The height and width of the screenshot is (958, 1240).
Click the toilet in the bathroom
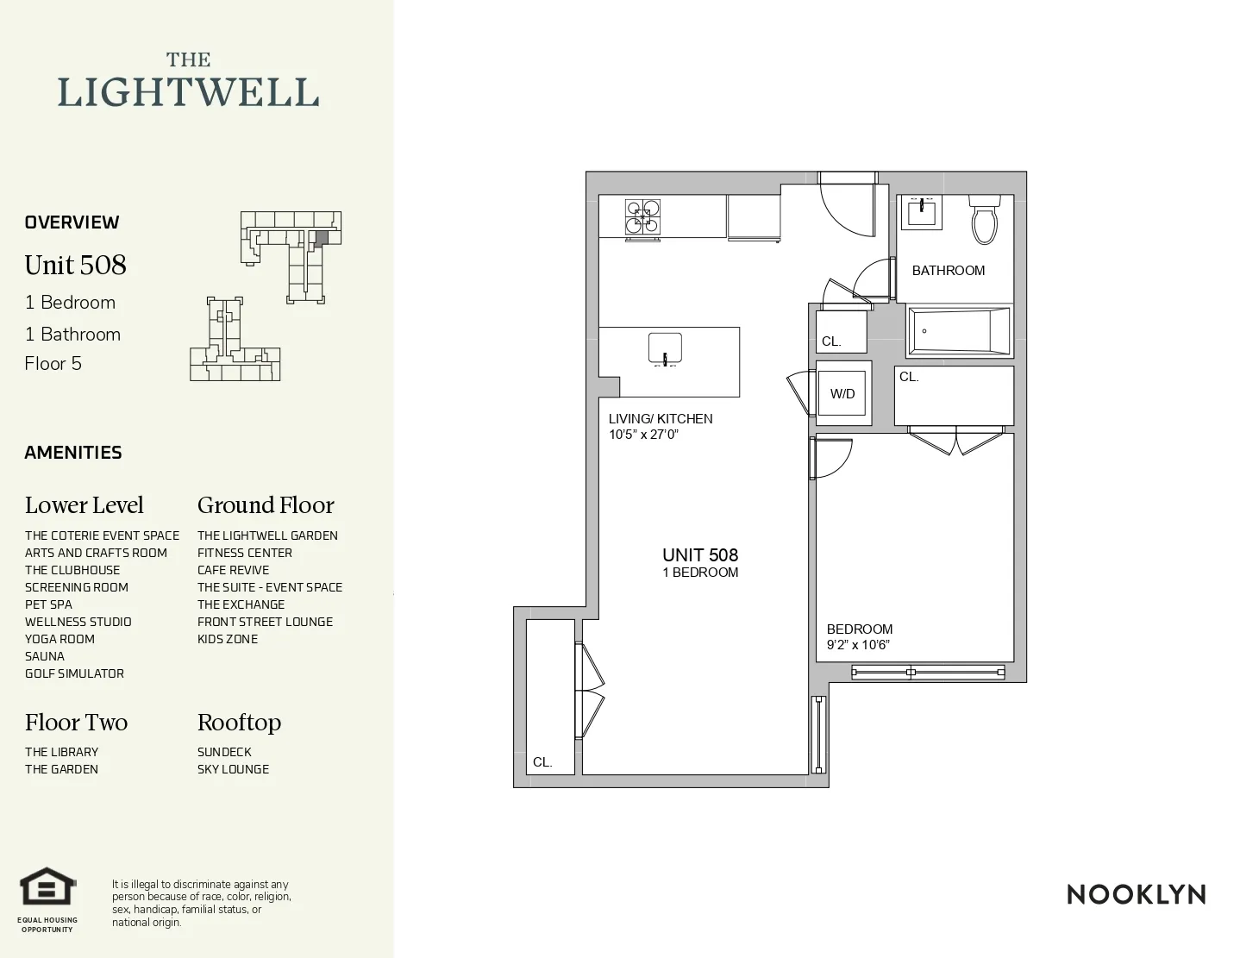[984, 222]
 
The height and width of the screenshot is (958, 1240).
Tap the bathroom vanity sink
[921, 211]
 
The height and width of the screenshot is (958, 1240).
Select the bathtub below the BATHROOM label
[957, 330]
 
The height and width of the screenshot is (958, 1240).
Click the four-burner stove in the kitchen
[642, 217]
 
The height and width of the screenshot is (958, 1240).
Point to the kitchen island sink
[665, 348]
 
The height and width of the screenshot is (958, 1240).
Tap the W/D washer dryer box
[842, 393]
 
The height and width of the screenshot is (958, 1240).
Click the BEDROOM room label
[859, 629]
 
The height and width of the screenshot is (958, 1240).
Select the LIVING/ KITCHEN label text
[661, 418]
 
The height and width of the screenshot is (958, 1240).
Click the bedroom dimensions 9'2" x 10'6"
[858, 645]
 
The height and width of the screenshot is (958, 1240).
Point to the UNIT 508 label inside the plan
[700, 554]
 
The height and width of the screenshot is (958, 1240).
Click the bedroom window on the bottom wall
[928, 672]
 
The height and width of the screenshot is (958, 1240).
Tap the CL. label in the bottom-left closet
[542, 761]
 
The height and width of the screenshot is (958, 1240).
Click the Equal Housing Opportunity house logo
[48, 888]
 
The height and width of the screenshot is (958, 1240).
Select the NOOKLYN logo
[1136, 894]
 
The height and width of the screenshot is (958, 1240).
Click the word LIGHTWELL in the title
[188, 92]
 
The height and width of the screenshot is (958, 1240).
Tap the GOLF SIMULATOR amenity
[74, 673]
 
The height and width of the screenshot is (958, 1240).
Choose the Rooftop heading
[239, 723]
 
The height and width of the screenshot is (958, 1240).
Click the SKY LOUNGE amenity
[233, 769]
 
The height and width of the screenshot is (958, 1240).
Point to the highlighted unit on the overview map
[321, 237]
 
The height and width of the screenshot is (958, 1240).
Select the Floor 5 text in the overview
[53, 364]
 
